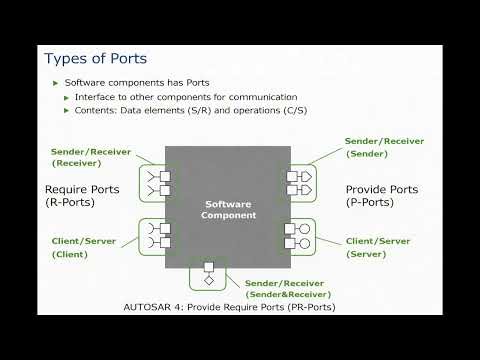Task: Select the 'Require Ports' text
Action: (83, 188)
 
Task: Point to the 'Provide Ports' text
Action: (381, 188)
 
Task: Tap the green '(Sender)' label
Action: (367, 155)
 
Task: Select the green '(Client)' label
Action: (72, 255)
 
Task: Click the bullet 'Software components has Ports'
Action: (123, 82)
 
